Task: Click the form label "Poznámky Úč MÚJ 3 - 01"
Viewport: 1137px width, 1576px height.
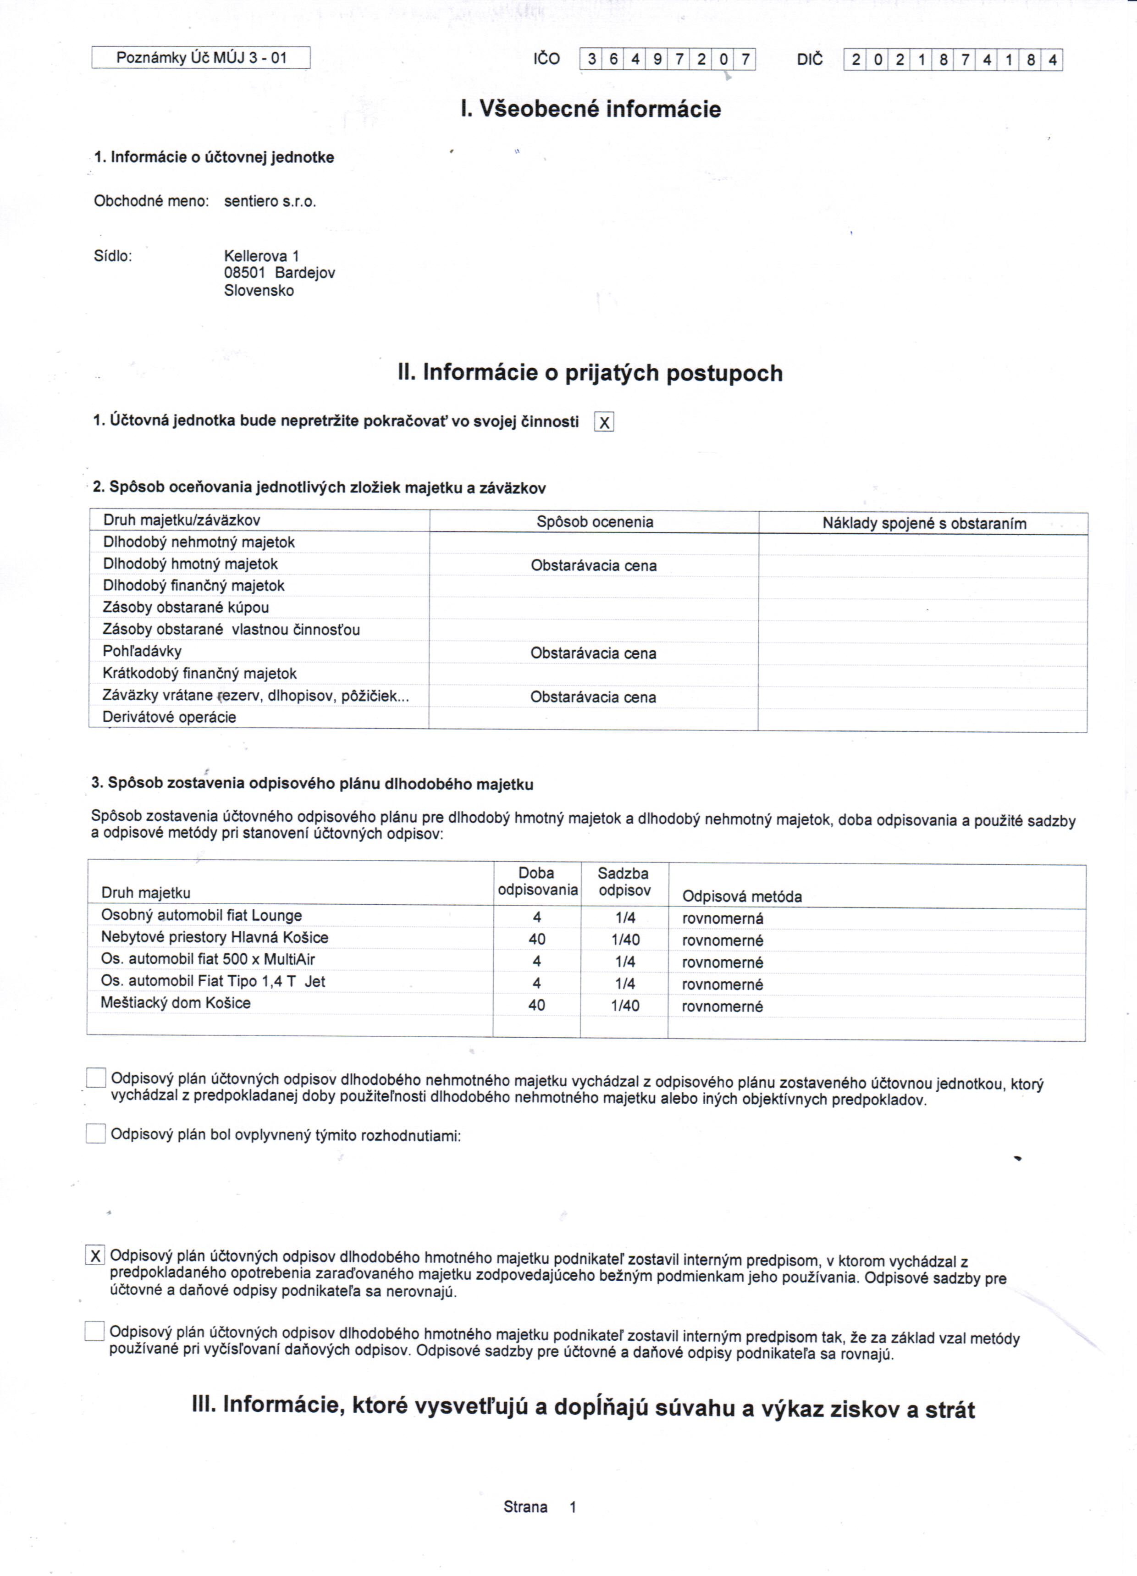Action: pyautogui.click(x=201, y=58)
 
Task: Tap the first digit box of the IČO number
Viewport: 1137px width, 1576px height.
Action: pyautogui.click(x=591, y=60)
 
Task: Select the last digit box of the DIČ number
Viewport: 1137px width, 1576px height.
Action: pyautogui.click(x=1052, y=61)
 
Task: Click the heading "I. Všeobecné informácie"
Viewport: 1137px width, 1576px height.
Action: pyautogui.click(x=591, y=109)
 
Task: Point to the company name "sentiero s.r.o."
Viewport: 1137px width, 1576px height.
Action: pyautogui.click(x=270, y=201)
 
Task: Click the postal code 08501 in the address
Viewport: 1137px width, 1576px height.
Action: pyautogui.click(x=245, y=273)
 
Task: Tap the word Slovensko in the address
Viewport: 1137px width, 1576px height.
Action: pyautogui.click(x=259, y=290)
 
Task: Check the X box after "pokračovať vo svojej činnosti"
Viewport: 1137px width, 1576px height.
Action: pyautogui.click(x=604, y=422)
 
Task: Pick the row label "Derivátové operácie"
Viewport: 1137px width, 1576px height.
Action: pyautogui.click(x=170, y=717)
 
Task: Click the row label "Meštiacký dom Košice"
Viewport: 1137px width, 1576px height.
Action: pyautogui.click(x=176, y=1003)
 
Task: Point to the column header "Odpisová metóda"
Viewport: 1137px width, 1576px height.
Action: pyautogui.click(x=741, y=896)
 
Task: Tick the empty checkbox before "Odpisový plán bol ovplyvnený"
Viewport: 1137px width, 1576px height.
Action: pyautogui.click(x=96, y=1134)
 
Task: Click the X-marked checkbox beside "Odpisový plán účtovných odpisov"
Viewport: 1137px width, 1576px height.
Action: pyautogui.click(x=95, y=1255)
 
